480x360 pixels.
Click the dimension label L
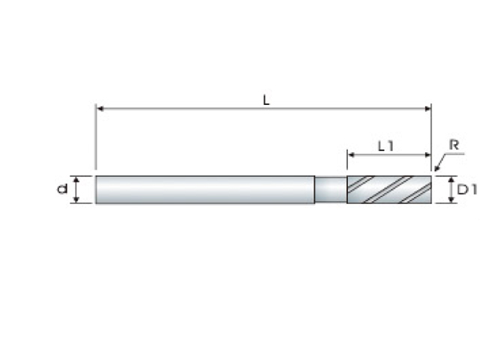[266, 100]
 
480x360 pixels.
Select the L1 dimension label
[385, 146]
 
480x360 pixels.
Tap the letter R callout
[454, 145]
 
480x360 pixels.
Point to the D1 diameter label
[466, 190]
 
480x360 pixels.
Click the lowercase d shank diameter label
[62, 189]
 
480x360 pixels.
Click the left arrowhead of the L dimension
[100, 109]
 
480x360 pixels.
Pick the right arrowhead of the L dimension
[427, 109]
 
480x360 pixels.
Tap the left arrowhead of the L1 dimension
[351, 154]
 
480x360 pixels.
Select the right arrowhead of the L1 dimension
[427, 154]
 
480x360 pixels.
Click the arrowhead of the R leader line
[436, 169]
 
